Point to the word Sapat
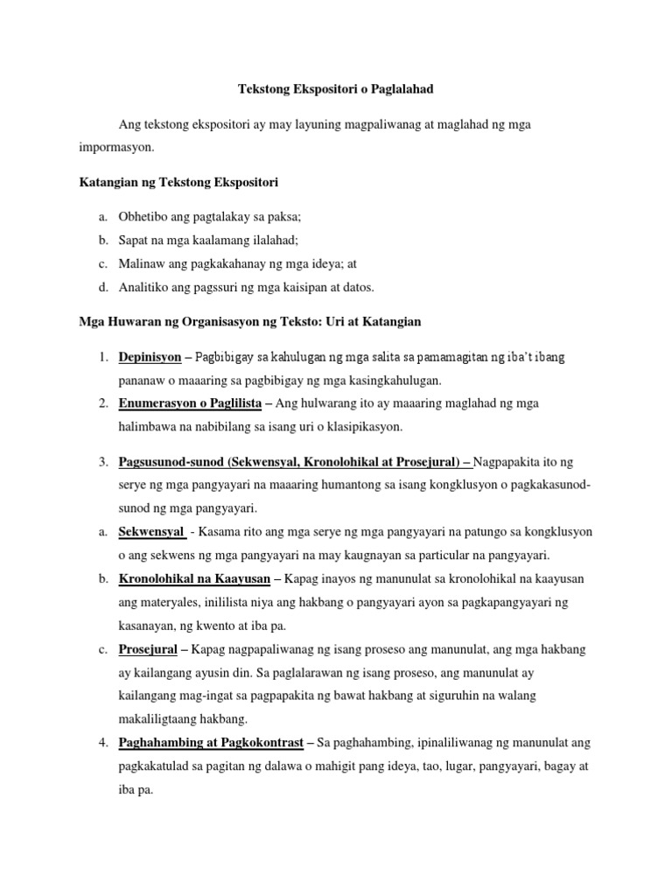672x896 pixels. (134, 240)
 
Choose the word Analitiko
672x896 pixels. (143, 287)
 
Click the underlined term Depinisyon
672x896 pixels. (150, 357)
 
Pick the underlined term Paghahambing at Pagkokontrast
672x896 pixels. (211, 743)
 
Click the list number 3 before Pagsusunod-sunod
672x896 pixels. (102, 461)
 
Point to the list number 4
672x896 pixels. (102, 743)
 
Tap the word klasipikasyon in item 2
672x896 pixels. (359, 427)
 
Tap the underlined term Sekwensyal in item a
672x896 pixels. (150, 532)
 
